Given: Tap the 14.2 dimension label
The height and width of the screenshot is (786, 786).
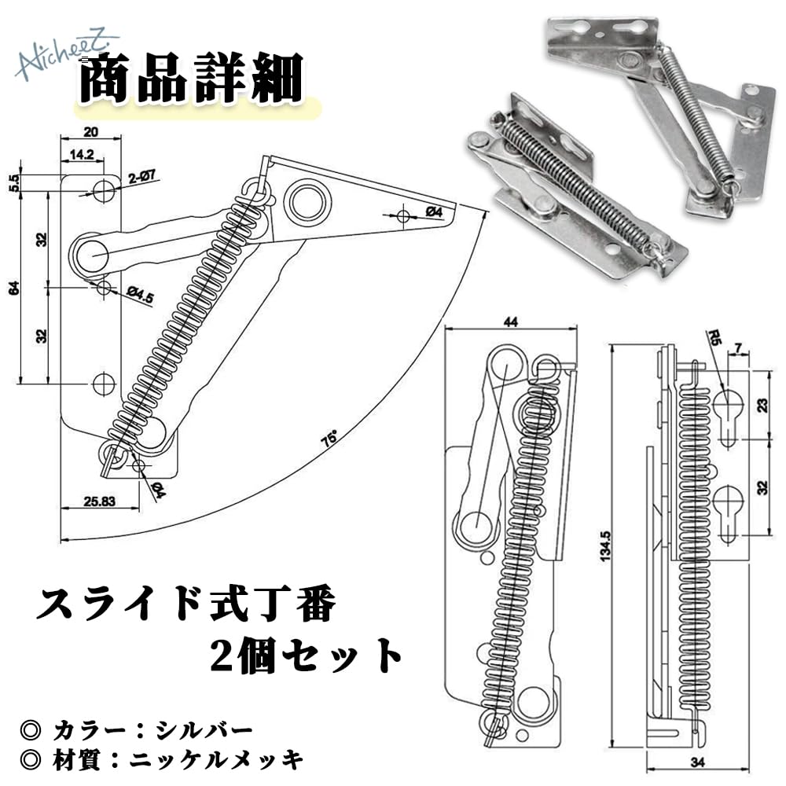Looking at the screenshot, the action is [82, 154].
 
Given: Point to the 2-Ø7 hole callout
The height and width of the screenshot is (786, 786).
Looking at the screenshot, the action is [141, 178].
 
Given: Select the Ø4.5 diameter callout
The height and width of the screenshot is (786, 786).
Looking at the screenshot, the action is [140, 294].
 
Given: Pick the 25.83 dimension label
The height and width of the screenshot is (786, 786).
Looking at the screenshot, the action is [99, 501].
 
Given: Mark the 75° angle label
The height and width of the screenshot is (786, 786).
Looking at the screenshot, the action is [330, 439].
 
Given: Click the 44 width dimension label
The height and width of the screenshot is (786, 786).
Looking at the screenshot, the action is [510, 321].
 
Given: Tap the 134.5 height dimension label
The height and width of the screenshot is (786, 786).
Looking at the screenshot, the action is [605, 546].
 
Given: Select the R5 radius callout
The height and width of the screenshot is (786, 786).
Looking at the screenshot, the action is [714, 337].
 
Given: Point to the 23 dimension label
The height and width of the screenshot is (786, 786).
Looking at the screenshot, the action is [762, 405].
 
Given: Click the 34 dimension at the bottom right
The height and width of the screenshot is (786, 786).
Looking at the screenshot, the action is [697, 762].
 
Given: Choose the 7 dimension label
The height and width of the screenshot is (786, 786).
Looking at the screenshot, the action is [738, 347].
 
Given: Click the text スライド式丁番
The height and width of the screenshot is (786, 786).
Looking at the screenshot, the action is [185, 604].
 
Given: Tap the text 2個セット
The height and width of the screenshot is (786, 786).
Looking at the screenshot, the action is [307, 655].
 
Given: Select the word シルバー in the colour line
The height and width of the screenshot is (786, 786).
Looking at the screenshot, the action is [204, 730].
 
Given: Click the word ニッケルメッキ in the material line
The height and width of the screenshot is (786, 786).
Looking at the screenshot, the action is [216, 760].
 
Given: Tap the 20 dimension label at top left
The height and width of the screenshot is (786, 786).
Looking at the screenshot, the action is [90, 132].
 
